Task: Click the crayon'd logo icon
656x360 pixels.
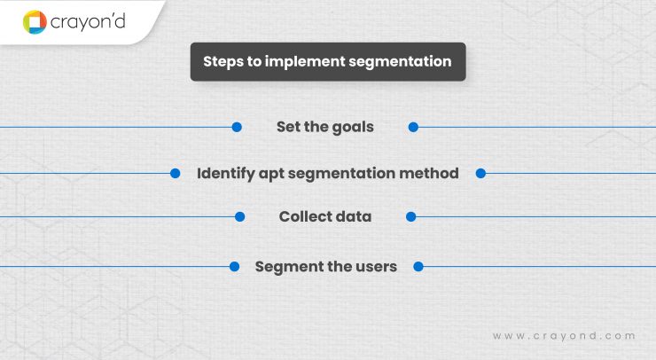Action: point(35,21)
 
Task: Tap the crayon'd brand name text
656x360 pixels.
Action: point(88,20)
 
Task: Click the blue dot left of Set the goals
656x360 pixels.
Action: point(237,127)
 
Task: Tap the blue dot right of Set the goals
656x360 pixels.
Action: point(413,127)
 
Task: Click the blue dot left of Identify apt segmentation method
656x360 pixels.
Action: point(176,174)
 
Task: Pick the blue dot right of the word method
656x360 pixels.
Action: point(480,174)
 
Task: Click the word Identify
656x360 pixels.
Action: point(224,174)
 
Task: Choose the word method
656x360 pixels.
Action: point(430,174)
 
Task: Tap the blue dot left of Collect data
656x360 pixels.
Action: point(239,216)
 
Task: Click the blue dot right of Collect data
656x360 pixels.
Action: point(410,216)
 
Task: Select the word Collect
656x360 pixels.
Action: point(305,216)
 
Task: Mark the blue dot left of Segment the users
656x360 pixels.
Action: point(235,266)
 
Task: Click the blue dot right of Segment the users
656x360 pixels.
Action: point(418,266)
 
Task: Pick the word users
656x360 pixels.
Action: point(375,266)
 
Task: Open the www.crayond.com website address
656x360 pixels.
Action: point(564,336)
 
